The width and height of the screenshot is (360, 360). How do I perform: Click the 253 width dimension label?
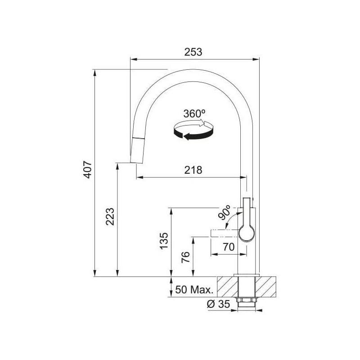[193, 52]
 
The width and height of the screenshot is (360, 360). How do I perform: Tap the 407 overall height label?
[87, 170]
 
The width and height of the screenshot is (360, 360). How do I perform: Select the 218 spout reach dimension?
[193, 170]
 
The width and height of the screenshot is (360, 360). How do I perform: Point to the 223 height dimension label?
[110, 216]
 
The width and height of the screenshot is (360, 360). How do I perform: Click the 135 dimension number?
[164, 241]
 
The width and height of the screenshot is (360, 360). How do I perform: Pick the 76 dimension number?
[185, 257]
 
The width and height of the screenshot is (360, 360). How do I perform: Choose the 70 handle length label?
[229, 247]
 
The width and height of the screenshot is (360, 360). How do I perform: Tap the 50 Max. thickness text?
[194, 290]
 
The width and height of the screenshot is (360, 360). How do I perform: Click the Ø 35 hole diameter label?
[218, 304]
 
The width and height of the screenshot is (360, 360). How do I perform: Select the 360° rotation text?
[194, 113]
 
